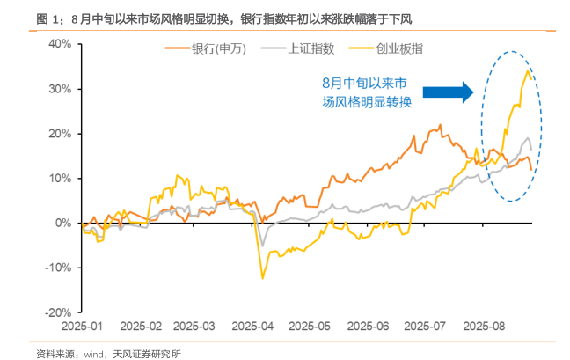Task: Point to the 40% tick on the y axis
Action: coord(60,43)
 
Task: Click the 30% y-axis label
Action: coord(60,89)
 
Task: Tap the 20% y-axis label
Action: coord(60,134)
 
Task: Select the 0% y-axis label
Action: coord(63,223)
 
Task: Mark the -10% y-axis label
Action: coord(58,268)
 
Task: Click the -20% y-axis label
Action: coord(58,312)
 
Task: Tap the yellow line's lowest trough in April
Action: coord(262,278)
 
